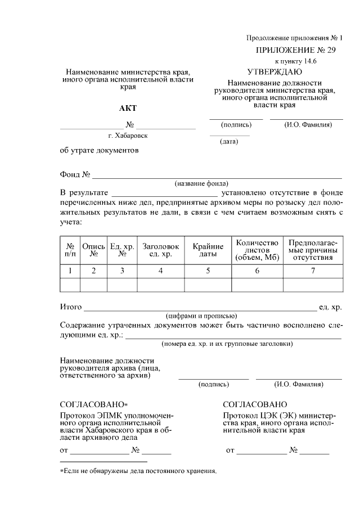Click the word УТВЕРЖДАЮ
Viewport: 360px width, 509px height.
point(274,72)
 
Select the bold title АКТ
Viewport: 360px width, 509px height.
point(128,108)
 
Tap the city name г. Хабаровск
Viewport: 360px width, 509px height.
point(128,136)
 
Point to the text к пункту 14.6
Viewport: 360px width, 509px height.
point(295,60)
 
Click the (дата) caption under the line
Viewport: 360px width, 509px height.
point(229,142)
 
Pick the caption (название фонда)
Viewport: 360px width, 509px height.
point(201,183)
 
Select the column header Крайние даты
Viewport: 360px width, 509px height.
point(208,250)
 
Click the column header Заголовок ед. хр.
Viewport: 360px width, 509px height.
point(160,250)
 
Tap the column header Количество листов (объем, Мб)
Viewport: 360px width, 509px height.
point(257,250)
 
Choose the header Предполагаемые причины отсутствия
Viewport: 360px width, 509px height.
point(312,250)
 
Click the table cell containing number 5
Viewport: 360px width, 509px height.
point(208,271)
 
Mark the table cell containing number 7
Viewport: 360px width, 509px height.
point(312,271)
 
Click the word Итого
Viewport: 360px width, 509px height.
point(71,307)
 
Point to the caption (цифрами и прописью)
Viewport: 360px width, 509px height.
point(201,316)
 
